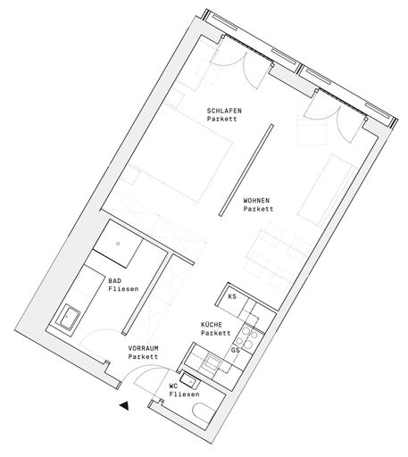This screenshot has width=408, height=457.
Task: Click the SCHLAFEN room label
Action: click(224, 111)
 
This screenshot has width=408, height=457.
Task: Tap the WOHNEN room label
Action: click(256, 201)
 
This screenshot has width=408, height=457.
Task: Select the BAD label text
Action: click(115, 281)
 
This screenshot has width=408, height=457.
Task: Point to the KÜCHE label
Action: click(212, 325)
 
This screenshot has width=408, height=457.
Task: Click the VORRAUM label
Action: click(143, 348)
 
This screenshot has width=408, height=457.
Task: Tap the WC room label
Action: click(173, 386)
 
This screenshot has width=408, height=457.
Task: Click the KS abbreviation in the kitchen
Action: click(232, 296)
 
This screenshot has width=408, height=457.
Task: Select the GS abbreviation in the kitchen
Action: click(236, 350)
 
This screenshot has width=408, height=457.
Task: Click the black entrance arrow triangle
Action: click(124, 405)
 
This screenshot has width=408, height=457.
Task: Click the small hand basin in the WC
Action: click(189, 380)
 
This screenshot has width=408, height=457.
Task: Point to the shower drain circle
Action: click(118, 244)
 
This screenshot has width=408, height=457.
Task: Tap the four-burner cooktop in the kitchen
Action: click(248, 338)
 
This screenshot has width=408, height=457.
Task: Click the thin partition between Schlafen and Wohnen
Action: click(246, 170)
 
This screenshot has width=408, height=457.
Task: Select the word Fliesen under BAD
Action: click(123, 289)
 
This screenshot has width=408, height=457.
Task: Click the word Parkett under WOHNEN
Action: click(258, 209)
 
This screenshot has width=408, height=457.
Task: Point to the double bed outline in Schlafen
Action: click(176, 156)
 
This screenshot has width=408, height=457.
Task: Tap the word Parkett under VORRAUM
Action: click(143, 356)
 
